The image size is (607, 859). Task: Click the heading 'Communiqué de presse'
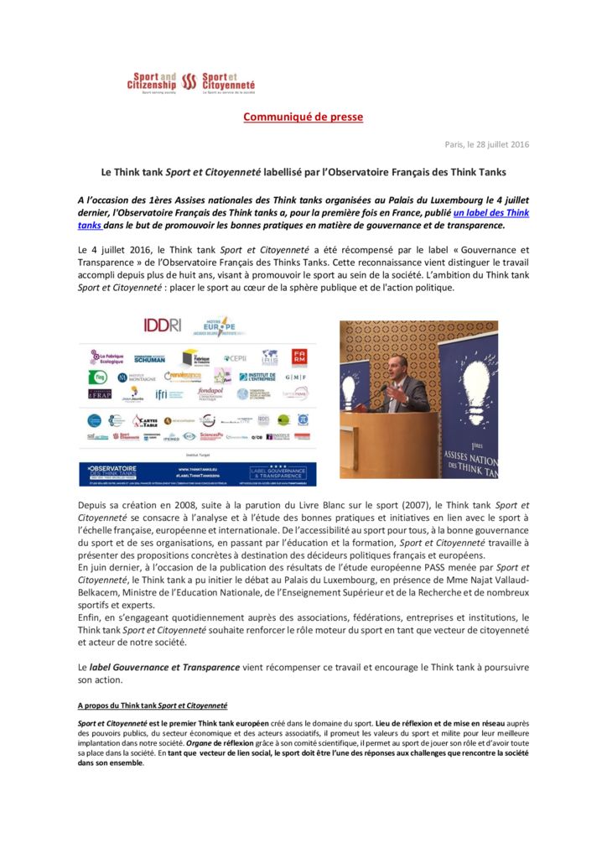(303, 117)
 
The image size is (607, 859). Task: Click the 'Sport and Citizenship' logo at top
(152, 82)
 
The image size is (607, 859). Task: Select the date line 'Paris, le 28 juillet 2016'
(486, 144)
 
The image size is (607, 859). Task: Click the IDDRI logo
(163, 325)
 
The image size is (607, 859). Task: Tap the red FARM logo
(298, 357)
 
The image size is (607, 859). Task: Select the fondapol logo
(210, 393)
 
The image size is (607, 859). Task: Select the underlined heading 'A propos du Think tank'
(152, 705)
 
